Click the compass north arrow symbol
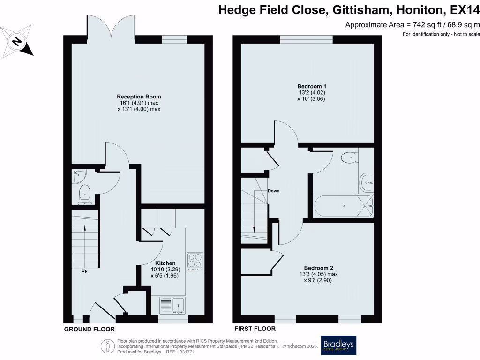(x=17, y=41)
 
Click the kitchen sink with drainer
(x=172, y=306)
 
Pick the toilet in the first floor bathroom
(x=349, y=157)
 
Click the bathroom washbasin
(x=367, y=182)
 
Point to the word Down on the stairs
(x=274, y=191)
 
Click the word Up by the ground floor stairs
(x=84, y=270)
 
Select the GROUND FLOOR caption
(x=89, y=330)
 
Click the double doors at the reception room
(x=111, y=27)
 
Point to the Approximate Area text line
(x=412, y=25)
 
